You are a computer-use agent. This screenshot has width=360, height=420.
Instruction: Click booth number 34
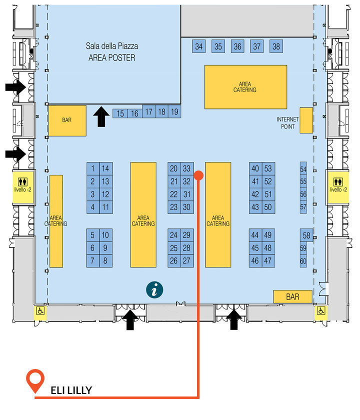tap(199, 46)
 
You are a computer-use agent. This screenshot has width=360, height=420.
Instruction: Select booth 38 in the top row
tap(276, 46)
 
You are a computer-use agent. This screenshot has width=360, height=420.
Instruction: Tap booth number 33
tap(187, 169)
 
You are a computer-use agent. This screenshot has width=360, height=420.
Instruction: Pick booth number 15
tap(120, 113)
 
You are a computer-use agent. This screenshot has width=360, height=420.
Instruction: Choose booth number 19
tap(174, 111)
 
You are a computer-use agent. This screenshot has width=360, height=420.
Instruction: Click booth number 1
tap(93, 169)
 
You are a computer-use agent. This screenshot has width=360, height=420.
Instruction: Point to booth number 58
tap(306, 235)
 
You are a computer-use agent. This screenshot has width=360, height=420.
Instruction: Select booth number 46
tap(255, 261)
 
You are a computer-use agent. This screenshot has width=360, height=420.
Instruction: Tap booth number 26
tap(174, 261)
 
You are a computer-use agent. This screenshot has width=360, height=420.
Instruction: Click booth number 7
tap(92, 261)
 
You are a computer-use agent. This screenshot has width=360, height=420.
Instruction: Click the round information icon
tap(154, 290)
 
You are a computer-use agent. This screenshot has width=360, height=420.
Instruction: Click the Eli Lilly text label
tap(71, 390)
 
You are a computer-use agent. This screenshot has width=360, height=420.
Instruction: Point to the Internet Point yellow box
tap(306, 120)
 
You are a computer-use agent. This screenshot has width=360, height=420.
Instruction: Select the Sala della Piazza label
tap(112, 46)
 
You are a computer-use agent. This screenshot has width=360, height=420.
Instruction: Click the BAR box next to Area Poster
tap(67, 120)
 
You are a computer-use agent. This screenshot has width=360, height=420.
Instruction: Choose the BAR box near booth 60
tap(293, 296)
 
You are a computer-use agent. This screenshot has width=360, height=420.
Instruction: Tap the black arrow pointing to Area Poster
tap(101, 116)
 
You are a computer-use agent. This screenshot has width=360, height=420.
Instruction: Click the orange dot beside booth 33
tap(198, 175)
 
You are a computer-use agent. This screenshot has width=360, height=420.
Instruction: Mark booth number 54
tap(303, 169)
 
